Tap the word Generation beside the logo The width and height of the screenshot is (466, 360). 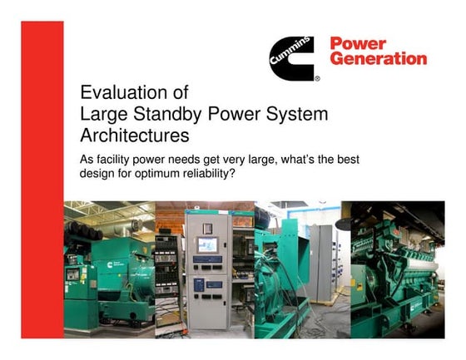[x=379, y=60]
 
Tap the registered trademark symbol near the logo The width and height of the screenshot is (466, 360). [x=316, y=79]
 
